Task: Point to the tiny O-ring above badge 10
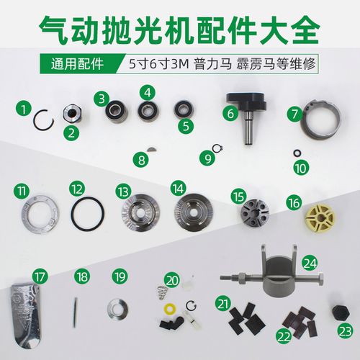[297, 153]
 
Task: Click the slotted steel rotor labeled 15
[255, 211]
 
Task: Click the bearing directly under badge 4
[150, 112]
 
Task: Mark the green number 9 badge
[209, 156]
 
